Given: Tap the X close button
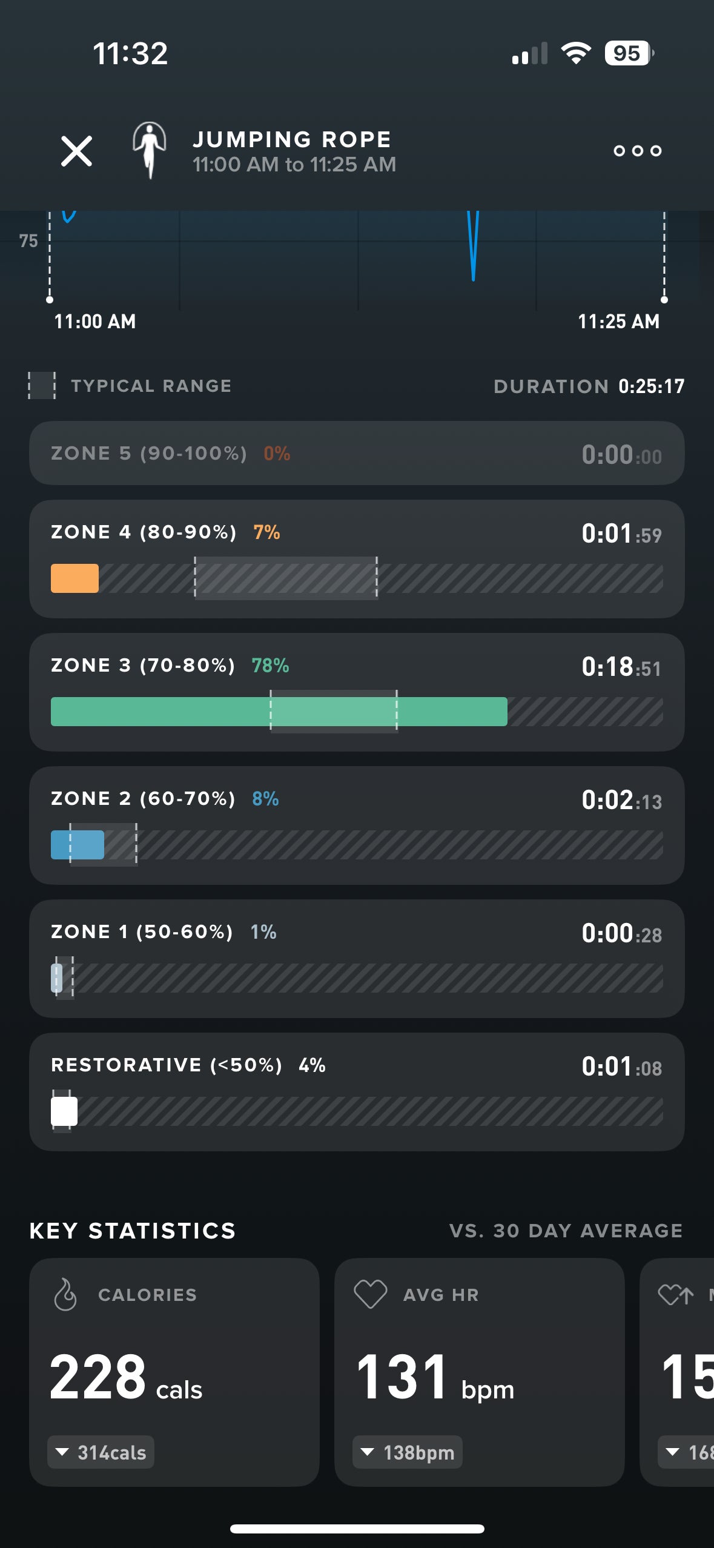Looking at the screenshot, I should point(76,151).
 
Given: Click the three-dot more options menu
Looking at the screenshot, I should point(637,151).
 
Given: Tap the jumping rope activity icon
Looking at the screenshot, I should point(149,150).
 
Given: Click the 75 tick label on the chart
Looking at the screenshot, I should point(28,241).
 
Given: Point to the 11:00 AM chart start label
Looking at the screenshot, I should point(95,322).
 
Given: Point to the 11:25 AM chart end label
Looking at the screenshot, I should point(618,322).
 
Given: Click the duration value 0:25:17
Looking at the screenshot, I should point(651,386).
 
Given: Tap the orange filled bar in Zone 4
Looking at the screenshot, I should point(74,578).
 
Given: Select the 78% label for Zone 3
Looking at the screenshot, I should point(270,666).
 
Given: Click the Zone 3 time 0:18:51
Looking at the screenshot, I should point(621,667).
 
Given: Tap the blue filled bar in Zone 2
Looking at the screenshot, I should point(78,845).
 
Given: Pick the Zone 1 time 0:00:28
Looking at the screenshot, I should point(621,933).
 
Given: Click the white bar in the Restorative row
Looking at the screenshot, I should point(64,1111).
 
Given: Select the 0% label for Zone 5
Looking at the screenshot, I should point(277,454).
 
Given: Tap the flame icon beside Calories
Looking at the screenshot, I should point(65,1295).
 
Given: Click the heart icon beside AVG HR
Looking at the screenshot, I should point(371,1295).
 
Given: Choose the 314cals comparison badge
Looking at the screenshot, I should point(101,1452).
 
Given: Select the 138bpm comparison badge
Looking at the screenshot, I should point(408,1452).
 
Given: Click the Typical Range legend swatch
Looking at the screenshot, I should point(42,386).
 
